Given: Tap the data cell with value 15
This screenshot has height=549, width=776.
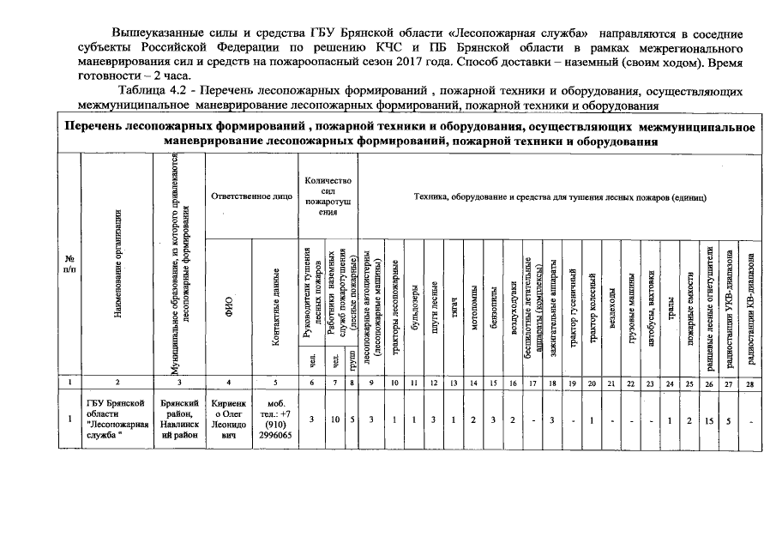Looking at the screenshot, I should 709,419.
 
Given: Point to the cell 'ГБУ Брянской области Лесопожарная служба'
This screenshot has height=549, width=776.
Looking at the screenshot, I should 117,419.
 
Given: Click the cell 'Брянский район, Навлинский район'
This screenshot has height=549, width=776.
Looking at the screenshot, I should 179,419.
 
